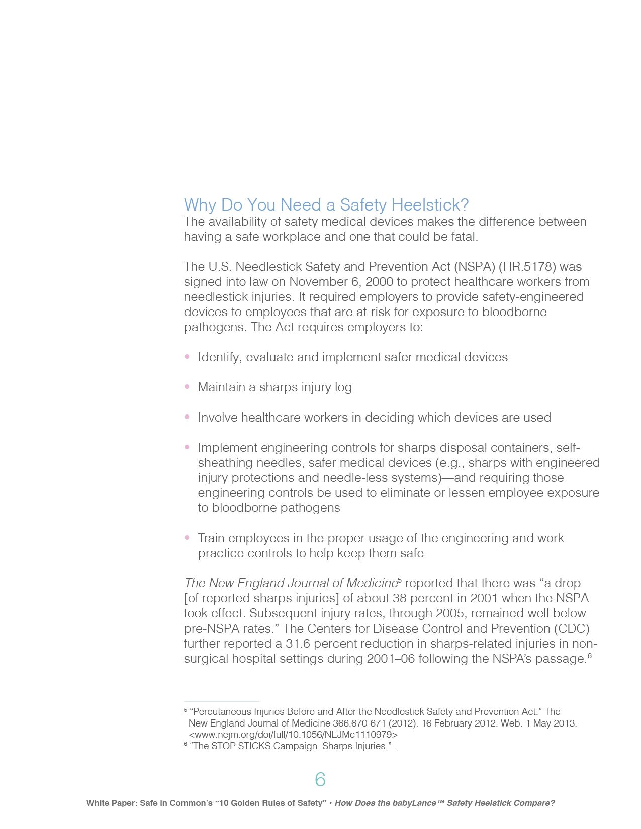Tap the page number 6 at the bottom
tap(320, 780)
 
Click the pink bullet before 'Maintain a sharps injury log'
tap(187, 387)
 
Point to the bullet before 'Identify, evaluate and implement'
tap(187, 357)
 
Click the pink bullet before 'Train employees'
tap(187, 538)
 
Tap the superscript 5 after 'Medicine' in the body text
tap(400, 580)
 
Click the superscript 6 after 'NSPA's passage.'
tap(589, 655)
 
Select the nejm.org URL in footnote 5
tap(293, 735)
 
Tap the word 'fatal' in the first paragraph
tap(463, 237)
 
